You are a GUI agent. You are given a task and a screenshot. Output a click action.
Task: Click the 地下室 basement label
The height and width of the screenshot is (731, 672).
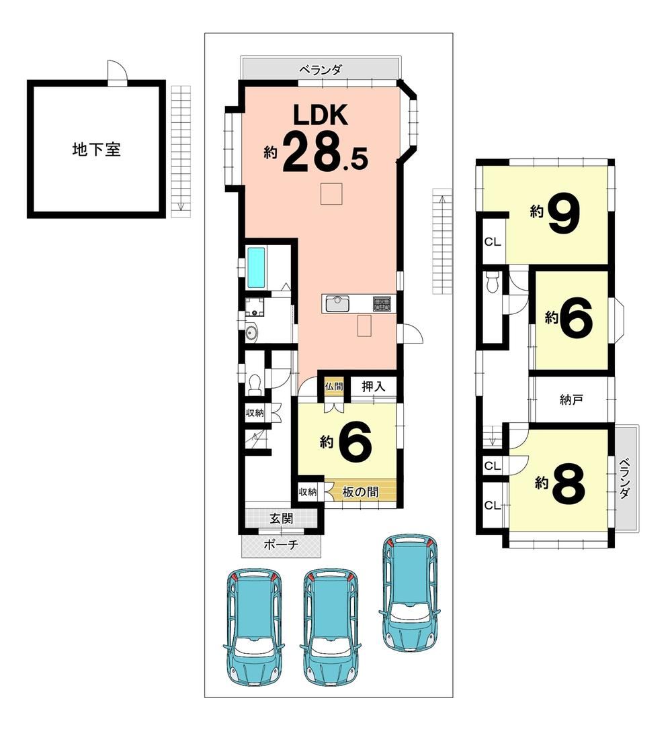(x=97, y=149)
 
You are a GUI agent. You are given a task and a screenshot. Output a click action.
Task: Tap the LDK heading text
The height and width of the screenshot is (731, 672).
(x=320, y=115)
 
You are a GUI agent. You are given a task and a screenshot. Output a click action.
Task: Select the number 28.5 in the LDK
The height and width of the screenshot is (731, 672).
(x=325, y=152)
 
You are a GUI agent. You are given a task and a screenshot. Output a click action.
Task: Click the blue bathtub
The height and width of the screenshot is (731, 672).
(x=256, y=268)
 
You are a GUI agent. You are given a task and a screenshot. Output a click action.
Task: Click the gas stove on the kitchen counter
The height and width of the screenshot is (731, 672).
(x=382, y=305)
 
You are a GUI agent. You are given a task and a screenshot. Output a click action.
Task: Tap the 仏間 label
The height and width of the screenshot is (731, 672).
(x=334, y=387)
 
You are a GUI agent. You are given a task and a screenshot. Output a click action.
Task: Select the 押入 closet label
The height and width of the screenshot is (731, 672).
(x=374, y=387)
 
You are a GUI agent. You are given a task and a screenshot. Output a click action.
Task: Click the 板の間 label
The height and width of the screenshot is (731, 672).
(x=360, y=491)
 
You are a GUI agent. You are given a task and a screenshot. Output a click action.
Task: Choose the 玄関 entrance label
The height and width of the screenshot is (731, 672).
(x=282, y=518)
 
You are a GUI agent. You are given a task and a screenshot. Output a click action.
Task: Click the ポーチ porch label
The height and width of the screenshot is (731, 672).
(x=281, y=544)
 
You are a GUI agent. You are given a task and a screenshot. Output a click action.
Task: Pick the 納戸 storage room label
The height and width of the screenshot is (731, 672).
(x=571, y=399)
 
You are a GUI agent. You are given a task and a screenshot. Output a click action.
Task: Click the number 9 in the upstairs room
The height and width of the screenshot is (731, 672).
(x=564, y=213)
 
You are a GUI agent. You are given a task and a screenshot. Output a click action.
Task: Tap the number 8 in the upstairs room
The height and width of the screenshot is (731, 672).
(x=569, y=483)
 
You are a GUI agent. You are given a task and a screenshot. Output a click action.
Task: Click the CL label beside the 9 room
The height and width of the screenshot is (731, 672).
(x=493, y=242)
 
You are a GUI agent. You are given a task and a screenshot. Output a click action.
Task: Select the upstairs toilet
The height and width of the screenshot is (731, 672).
(x=491, y=281)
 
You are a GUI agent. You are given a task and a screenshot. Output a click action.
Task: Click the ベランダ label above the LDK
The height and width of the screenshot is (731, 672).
(x=321, y=70)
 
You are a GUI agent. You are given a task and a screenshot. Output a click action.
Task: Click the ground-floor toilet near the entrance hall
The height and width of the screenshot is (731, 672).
(x=255, y=383)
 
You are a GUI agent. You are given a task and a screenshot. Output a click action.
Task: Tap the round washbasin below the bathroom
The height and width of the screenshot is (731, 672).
(x=251, y=334)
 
